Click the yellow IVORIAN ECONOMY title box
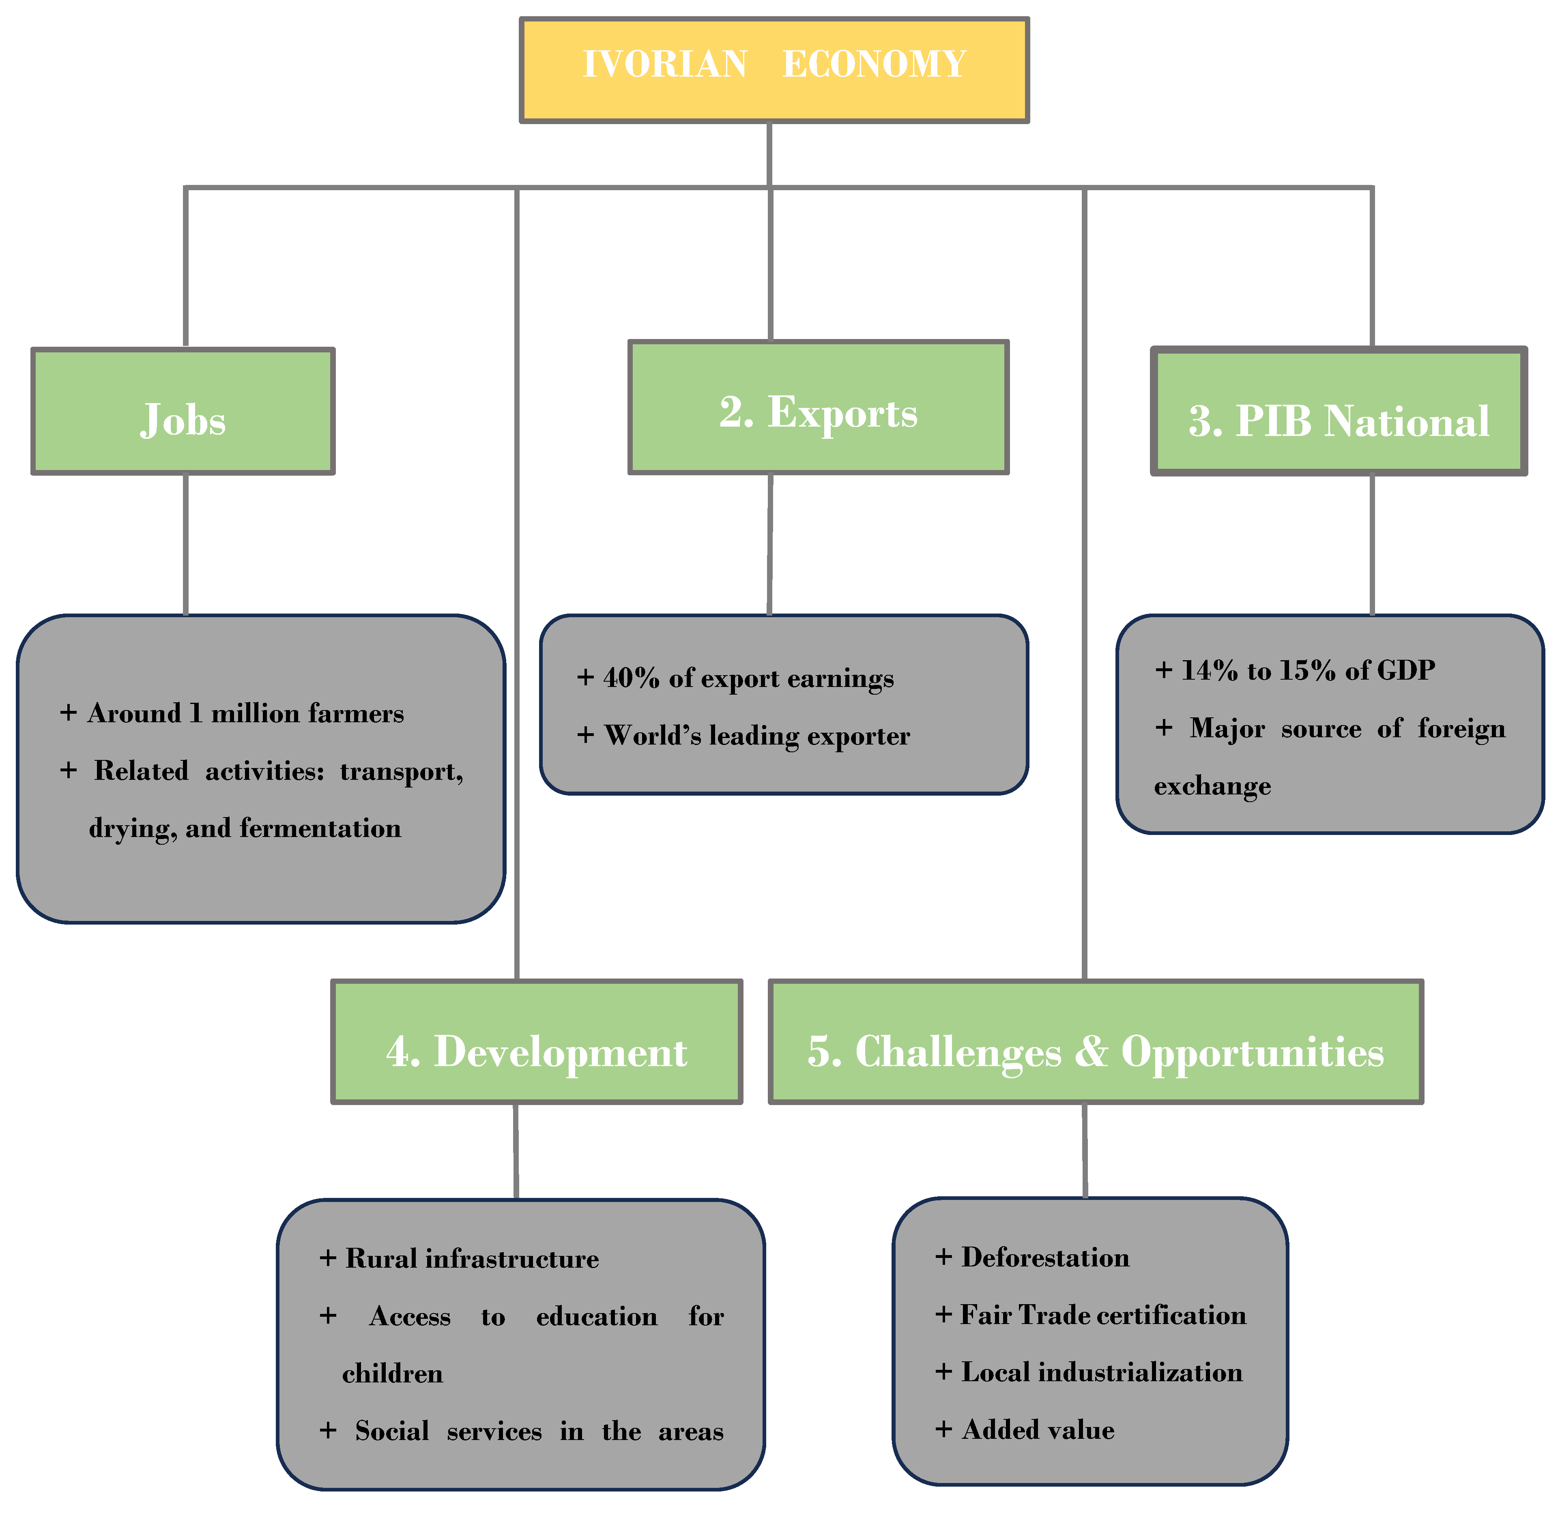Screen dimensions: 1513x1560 click(774, 70)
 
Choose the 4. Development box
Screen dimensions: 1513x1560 click(537, 1042)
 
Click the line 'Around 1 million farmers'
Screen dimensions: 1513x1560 click(245, 714)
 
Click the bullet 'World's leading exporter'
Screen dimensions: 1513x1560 click(756, 735)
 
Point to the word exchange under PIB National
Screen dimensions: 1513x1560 click(1212, 786)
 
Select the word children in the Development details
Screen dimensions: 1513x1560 click(392, 1374)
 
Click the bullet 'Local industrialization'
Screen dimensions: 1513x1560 click(1101, 1372)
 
